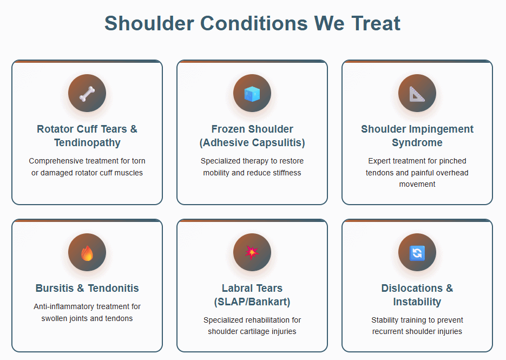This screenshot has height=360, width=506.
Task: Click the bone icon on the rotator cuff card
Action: click(x=87, y=94)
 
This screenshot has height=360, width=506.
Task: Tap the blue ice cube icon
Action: click(x=252, y=94)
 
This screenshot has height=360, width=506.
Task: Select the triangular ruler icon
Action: click(x=417, y=94)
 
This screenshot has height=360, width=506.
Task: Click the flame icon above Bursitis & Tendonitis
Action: click(x=87, y=253)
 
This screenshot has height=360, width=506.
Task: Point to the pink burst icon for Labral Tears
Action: click(x=252, y=252)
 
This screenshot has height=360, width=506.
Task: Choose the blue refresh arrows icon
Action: click(x=417, y=253)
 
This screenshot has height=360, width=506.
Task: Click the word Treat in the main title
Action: click(x=376, y=23)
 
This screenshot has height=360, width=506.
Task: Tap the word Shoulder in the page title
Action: click(x=149, y=23)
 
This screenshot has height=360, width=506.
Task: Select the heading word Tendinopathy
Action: click(x=87, y=143)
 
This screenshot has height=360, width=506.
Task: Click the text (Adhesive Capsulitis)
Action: click(x=252, y=143)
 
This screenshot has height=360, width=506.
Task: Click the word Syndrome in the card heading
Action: click(x=417, y=143)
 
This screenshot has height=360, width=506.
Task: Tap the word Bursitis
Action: click(x=55, y=288)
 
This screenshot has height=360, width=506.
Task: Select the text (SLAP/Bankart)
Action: click(x=252, y=302)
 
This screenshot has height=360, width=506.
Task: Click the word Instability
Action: click(x=417, y=302)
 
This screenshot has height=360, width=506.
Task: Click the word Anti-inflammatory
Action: click(x=60, y=306)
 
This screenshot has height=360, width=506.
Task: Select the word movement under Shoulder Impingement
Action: click(x=417, y=184)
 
